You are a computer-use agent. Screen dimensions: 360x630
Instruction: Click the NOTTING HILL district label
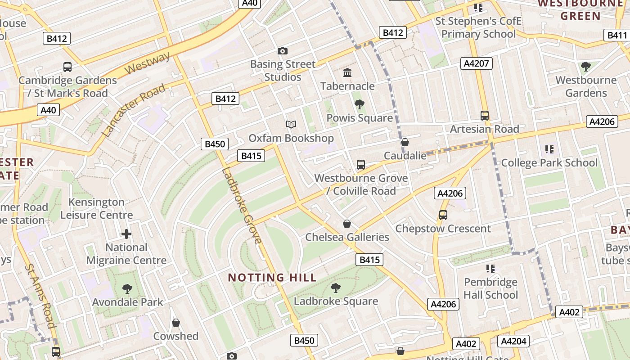point(272,277)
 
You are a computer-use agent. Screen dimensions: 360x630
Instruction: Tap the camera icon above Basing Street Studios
point(282,51)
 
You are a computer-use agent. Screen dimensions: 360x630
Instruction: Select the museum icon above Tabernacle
point(347,72)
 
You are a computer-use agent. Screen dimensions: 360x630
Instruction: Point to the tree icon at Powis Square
point(359,105)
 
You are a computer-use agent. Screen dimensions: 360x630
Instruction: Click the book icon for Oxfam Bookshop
point(291,124)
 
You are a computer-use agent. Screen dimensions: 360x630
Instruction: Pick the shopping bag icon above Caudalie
point(405,142)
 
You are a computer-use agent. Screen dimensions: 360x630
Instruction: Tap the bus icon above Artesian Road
point(484,115)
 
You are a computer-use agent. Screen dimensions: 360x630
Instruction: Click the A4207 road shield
point(477,63)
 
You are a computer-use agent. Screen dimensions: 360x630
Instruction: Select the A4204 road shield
point(513,341)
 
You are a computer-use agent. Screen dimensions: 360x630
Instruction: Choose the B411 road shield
point(617,35)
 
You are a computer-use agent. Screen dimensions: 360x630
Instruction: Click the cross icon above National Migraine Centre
point(126,234)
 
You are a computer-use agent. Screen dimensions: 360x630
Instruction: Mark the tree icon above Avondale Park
point(127,288)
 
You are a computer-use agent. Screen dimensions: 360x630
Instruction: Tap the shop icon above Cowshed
point(176,323)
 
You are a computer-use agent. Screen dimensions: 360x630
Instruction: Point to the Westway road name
point(147,63)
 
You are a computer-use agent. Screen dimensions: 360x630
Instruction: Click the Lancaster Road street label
point(134,110)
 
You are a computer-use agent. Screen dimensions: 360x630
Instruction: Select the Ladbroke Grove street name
point(242,205)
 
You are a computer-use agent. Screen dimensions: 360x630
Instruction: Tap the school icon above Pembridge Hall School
point(490,269)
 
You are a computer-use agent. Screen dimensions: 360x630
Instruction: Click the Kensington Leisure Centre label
point(97,208)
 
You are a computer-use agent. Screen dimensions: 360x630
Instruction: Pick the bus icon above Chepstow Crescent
point(443,215)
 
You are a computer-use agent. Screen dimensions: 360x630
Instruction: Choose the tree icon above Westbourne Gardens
point(585,67)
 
